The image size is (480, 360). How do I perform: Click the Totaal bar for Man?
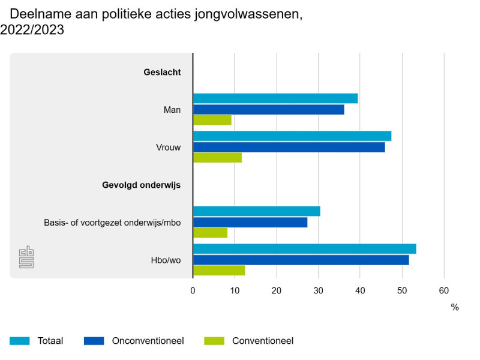275,98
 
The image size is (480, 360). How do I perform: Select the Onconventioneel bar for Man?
269,110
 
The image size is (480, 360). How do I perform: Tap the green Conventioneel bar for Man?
212,120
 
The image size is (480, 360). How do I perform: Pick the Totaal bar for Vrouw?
292,136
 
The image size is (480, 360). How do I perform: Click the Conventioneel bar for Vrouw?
218,158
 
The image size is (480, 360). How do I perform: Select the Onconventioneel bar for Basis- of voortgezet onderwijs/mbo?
250,223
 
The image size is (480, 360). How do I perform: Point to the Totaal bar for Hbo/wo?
305,249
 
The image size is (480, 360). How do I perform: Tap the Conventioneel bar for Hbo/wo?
219,271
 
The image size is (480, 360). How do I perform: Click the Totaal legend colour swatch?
20,341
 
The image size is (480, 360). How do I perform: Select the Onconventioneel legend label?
148,341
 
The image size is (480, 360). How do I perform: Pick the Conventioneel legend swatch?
214,341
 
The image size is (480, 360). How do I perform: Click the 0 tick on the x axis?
193,290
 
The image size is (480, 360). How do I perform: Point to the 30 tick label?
319,290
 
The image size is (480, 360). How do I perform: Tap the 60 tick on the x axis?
444,290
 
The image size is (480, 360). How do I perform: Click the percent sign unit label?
455,307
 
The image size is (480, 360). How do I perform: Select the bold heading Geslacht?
162,72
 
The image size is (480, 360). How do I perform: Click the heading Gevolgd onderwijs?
142,185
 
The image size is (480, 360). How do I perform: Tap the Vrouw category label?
169,148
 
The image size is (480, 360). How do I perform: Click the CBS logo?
26,257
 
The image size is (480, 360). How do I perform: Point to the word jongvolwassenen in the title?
248,14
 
